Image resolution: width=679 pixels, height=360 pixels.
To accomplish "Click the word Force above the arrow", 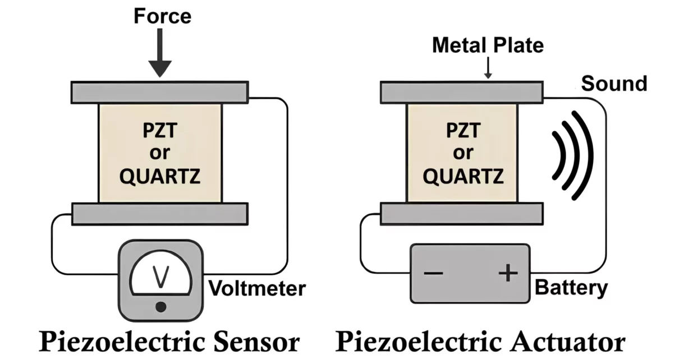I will point(162,16).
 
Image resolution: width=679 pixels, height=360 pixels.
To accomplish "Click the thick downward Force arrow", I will point(160,53).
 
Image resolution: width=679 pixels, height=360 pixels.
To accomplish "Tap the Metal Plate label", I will point(488,45).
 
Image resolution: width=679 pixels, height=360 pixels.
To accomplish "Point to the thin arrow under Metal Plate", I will point(488,68).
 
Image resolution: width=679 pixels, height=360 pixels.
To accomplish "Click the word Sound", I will point(614,84).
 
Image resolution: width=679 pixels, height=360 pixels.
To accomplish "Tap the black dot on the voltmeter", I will point(161,307).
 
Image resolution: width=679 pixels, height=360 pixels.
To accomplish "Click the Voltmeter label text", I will point(257,289).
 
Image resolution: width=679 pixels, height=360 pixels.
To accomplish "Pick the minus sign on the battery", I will point(433,273).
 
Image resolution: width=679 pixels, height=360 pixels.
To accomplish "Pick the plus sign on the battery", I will point(507,273).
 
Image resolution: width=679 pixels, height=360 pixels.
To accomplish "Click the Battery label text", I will point(571,288).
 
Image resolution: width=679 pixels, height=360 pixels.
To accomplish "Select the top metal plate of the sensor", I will point(159,91).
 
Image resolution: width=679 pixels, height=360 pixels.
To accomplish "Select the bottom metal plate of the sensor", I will point(159,214).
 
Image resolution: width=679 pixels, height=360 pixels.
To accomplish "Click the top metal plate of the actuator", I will point(461,92).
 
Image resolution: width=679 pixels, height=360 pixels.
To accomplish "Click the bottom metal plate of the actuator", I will point(461,214).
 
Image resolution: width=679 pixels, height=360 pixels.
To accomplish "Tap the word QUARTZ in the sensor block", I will point(160,177).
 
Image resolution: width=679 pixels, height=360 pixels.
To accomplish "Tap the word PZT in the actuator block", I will point(462,131).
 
